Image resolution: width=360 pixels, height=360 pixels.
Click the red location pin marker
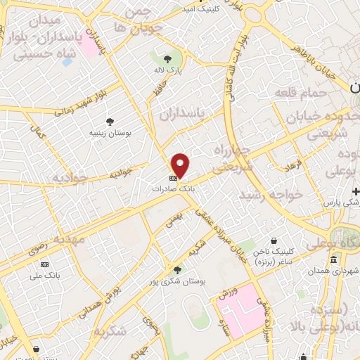181,165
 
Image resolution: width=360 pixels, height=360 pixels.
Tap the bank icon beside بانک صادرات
173,179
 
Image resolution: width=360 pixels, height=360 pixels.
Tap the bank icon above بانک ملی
46,264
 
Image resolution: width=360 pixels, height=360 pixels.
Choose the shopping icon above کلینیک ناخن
284,240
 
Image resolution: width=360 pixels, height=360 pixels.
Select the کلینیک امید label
200,9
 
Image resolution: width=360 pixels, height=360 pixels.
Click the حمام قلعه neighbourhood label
301,94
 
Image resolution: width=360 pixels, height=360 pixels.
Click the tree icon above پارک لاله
167,59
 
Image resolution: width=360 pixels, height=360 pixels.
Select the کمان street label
37,131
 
